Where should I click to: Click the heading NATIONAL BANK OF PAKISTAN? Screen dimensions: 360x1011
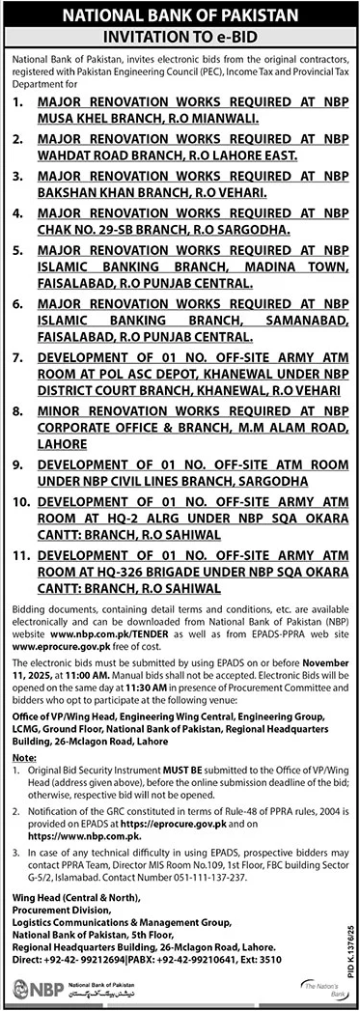pos(180,14)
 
